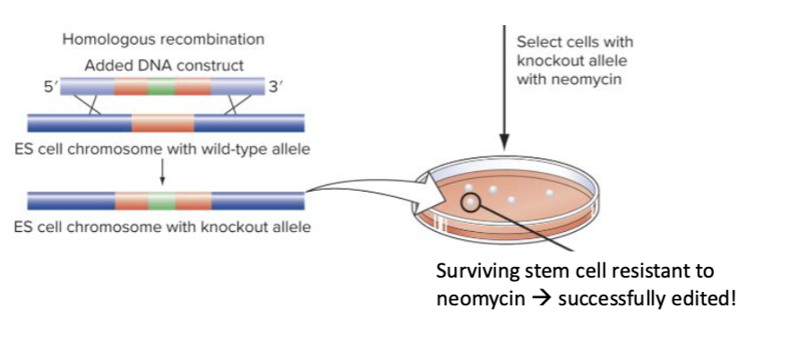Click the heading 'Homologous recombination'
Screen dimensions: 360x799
[x=163, y=39]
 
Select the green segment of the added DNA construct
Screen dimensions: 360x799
[x=162, y=87]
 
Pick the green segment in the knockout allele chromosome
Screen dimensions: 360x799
[x=162, y=201]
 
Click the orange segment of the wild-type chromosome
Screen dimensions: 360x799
[x=162, y=123]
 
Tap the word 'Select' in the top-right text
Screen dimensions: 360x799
[x=536, y=42]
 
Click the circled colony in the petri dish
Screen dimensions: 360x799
[x=471, y=202]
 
